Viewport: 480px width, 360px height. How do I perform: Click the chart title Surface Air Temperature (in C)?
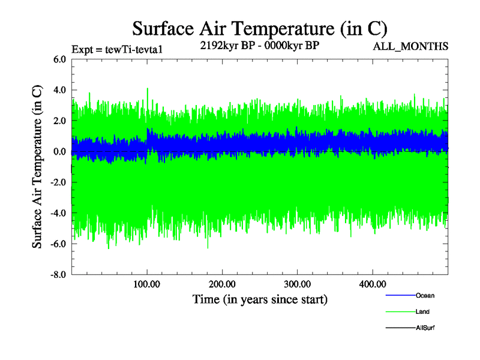pos(259,28)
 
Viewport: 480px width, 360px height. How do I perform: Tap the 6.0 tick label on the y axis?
pos(59,59)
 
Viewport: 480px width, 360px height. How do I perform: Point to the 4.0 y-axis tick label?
pos(59,90)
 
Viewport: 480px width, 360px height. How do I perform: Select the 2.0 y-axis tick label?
pos(59,121)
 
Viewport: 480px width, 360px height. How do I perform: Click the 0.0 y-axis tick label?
pos(59,152)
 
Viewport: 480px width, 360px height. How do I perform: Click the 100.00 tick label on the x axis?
pos(147,284)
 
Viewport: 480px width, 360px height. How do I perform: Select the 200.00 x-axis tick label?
pos(222,284)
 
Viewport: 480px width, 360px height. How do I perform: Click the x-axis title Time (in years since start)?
pos(260,299)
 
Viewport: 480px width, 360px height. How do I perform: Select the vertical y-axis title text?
pos(37,167)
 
